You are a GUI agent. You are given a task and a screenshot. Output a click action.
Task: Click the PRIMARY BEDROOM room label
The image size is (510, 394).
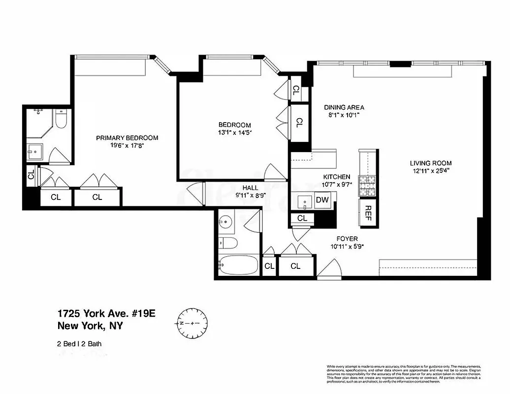point(127,138)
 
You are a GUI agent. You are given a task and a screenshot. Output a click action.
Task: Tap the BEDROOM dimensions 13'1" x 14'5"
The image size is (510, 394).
point(235,132)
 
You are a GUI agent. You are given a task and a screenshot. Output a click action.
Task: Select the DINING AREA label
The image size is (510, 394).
point(344,107)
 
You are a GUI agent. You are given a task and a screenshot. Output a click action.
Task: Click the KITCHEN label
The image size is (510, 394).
point(336,177)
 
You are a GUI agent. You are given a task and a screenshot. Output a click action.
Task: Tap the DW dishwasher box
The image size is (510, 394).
point(322,200)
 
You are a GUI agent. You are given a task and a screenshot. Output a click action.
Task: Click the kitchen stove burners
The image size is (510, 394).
point(368,186)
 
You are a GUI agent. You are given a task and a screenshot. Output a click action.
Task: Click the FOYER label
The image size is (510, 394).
point(344,239)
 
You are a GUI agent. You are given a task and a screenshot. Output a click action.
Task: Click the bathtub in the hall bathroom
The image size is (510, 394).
point(238,266)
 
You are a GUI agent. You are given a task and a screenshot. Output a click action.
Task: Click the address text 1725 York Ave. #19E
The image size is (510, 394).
point(106,314)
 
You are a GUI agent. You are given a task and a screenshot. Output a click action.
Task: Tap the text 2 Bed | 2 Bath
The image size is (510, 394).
point(80,344)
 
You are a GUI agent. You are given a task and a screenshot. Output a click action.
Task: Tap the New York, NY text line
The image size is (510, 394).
point(91,326)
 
